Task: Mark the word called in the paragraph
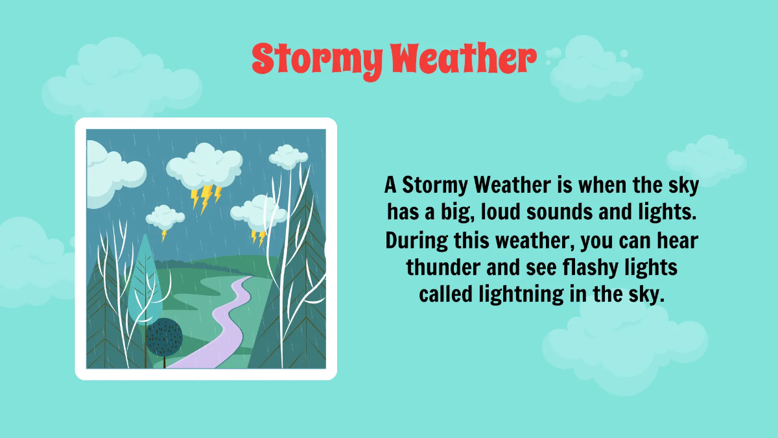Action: (447, 295)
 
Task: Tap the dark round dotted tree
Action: (163, 335)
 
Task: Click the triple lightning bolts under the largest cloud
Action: (206, 197)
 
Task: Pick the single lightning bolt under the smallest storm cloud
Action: (165, 234)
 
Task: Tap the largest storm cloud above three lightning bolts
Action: (204, 165)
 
